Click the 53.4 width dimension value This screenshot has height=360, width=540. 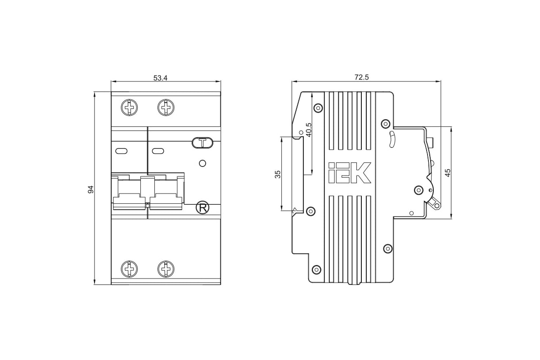(x=160, y=78)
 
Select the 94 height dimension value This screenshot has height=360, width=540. (x=90, y=189)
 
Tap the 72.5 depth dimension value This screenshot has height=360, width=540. (x=362, y=77)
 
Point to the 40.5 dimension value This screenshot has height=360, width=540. (x=309, y=130)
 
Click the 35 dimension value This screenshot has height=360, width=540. (x=278, y=174)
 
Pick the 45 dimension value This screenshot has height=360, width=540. (x=448, y=173)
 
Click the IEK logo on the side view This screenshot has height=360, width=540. (x=350, y=173)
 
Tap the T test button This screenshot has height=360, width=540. (x=202, y=143)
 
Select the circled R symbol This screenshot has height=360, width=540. (x=202, y=208)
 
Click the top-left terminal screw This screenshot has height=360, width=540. (x=130, y=107)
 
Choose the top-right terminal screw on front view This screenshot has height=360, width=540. (x=166, y=107)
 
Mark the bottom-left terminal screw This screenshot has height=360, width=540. (x=130, y=269)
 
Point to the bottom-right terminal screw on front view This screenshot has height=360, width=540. (x=166, y=269)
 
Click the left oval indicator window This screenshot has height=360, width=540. (x=121, y=151)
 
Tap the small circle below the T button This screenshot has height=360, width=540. (x=202, y=163)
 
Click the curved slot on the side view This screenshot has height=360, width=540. (x=392, y=139)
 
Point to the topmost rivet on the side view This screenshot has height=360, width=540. (x=318, y=108)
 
